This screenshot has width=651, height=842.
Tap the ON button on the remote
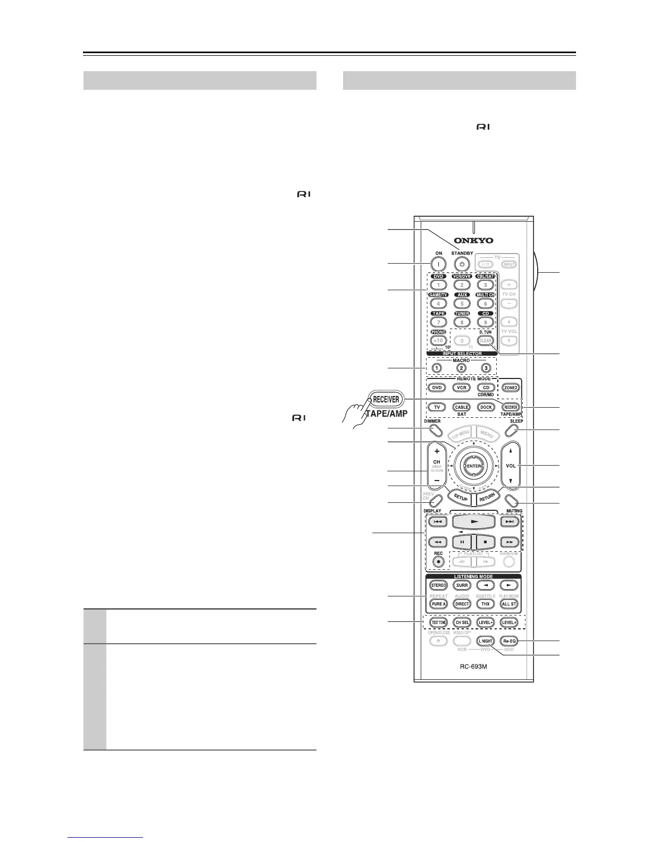click(x=438, y=264)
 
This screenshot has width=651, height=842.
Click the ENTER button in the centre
click(x=473, y=466)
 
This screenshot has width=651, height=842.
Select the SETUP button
click(x=461, y=498)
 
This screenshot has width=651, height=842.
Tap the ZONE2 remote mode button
click(x=510, y=388)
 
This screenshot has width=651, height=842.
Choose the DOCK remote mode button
click(x=485, y=407)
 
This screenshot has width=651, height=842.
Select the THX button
click(x=485, y=604)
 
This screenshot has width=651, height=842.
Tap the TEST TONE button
click(x=438, y=622)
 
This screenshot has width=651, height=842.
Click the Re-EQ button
click(x=510, y=642)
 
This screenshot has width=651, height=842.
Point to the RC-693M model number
click(x=474, y=668)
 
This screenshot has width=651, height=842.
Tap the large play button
click(x=473, y=522)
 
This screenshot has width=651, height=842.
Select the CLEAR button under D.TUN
click(x=486, y=341)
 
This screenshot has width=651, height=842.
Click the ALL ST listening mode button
click(x=510, y=604)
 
